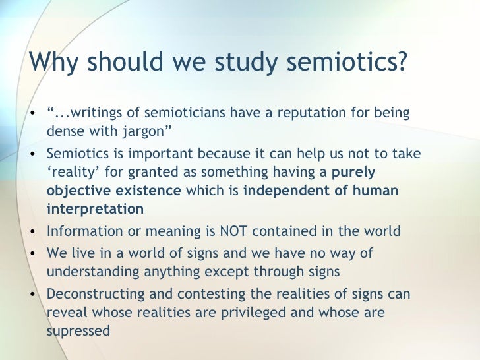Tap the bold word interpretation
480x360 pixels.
pos(95,210)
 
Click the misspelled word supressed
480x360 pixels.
pos(78,331)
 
